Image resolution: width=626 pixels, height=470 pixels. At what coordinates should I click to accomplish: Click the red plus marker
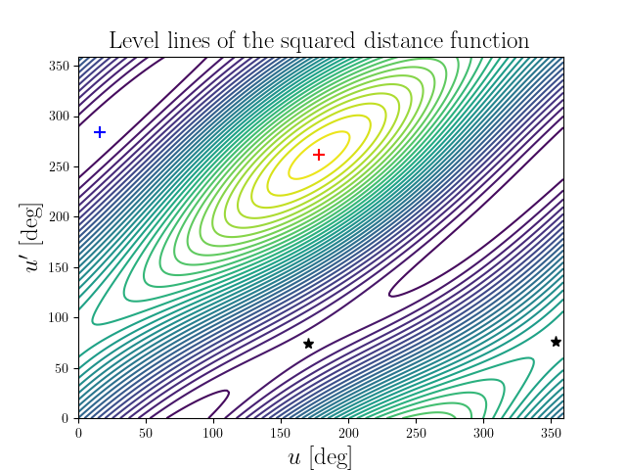319,155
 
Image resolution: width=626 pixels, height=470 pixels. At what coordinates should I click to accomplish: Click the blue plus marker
100,132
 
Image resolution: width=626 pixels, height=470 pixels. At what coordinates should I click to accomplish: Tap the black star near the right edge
556,342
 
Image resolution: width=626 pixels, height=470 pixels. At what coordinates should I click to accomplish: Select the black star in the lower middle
308,344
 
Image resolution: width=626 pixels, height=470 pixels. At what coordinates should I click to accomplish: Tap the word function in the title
488,41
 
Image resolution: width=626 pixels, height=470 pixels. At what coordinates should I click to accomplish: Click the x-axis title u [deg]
321,457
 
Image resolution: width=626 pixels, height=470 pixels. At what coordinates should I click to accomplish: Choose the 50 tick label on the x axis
146,431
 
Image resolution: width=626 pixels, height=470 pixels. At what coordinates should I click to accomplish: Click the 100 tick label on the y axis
60,317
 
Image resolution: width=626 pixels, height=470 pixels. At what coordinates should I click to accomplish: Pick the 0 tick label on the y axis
67,418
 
